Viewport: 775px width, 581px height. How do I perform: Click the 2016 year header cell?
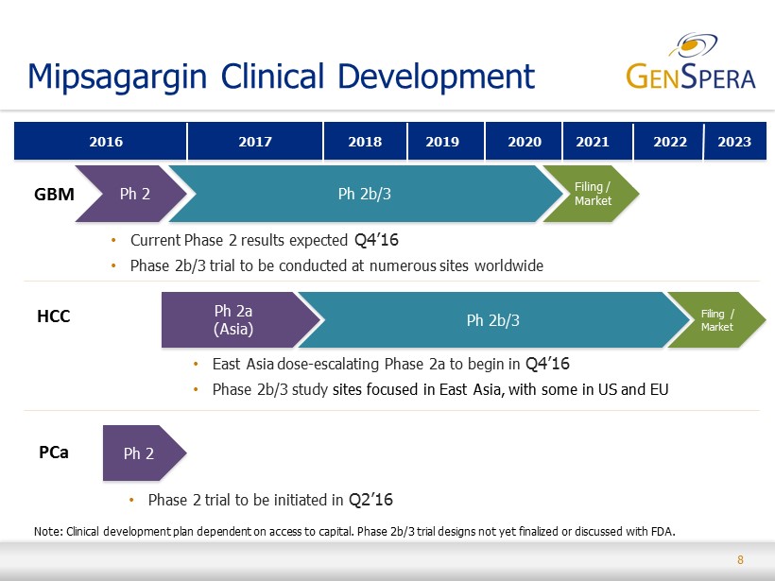point(100,142)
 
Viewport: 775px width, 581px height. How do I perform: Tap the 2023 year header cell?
point(735,142)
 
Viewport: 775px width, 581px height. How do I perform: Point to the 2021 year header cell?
point(597,142)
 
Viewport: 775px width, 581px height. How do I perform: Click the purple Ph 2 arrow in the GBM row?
point(131,194)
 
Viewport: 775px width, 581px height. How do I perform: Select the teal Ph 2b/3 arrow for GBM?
point(366,194)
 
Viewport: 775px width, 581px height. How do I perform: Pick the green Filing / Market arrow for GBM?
point(591,194)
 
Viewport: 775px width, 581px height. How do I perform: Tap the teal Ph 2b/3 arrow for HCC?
point(493,319)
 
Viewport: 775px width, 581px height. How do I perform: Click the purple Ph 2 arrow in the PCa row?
point(145,453)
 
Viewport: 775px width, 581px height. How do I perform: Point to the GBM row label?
point(55,195)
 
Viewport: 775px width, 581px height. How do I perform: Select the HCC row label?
point(53,316)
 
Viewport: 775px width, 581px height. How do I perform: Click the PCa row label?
point(53,453)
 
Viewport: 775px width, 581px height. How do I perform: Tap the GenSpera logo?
point(691,61)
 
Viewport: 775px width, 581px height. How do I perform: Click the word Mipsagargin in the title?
point(117,77)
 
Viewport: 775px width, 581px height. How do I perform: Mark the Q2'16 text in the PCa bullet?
point(370,500)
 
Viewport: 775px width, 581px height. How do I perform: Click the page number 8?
point(740,560)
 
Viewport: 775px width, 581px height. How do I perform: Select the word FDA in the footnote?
point(663,532)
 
